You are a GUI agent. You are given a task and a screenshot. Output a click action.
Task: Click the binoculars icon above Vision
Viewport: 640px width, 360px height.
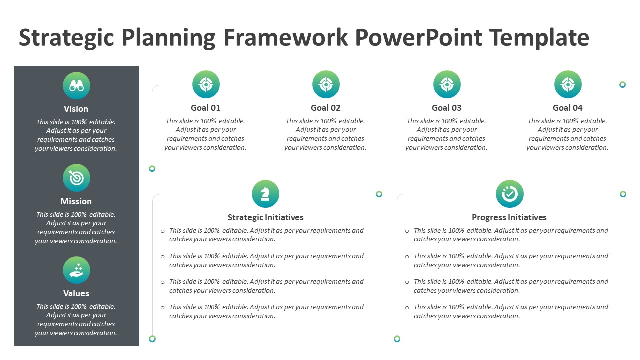[x=76, y=86]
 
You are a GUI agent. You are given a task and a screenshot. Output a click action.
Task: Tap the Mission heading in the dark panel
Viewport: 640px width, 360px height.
[x=76, y=201]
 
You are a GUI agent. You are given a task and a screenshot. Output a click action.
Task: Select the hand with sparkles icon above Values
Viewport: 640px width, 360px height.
[x=76, y=270]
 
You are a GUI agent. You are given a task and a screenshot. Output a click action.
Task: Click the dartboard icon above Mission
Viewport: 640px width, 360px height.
[x=76, y=178]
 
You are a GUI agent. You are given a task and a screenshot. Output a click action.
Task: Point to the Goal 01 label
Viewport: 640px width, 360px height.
[x=205, y=108]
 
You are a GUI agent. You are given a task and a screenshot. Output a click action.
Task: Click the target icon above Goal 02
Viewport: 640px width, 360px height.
[x=326, y=84]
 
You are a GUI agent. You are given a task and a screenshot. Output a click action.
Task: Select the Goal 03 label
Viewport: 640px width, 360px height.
[x=446, y=108]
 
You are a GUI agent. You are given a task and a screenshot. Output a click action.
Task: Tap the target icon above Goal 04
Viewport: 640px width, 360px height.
[x=568, y=84]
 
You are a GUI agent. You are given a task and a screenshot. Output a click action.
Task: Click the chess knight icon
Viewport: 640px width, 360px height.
[x=265, y=194]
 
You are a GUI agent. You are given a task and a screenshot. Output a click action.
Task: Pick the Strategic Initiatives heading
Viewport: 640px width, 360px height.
[x=265, y=217]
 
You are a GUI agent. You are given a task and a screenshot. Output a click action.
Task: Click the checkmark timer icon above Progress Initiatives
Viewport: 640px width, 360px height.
[x=509, y=194]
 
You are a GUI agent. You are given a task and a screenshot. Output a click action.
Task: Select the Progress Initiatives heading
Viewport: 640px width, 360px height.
[x=509, y=217]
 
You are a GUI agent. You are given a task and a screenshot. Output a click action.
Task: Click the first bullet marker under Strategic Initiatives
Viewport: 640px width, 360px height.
[x=163, y=231]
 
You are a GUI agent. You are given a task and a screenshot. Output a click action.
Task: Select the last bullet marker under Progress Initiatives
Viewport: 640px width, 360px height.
[x=407, y=308]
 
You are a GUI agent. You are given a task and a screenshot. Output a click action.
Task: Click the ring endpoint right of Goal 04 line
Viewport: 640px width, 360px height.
[x=622, y=85]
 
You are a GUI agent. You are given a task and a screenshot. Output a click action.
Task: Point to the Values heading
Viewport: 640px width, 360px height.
[x=76, y=293]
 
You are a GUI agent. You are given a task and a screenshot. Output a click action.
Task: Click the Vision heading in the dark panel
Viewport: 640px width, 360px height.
[x=76, y=109]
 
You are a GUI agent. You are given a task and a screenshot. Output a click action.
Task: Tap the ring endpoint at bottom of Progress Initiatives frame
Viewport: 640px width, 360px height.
[x=397, y=339]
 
